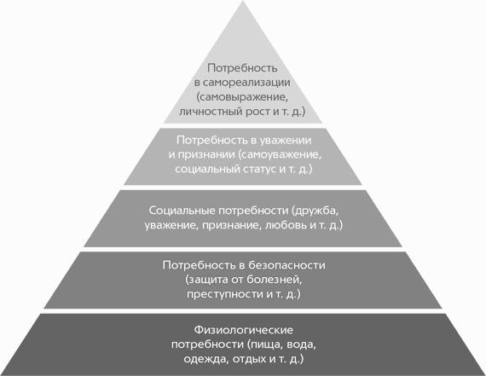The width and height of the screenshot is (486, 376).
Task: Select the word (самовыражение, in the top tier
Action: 242,97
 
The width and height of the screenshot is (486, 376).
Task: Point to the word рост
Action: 258,112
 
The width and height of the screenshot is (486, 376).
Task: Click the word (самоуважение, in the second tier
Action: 280,154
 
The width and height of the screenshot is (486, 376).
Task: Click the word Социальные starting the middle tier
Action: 182,211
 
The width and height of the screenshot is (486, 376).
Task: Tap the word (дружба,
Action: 314,211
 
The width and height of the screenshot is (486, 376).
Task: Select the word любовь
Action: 286,225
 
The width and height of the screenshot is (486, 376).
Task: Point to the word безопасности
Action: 287,265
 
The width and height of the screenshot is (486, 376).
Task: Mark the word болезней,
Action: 275,280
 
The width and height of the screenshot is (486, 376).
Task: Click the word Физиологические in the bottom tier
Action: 243,330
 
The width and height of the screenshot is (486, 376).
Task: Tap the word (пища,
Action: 265,344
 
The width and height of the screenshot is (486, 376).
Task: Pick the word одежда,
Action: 206,359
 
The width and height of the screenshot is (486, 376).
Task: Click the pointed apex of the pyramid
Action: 243,1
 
